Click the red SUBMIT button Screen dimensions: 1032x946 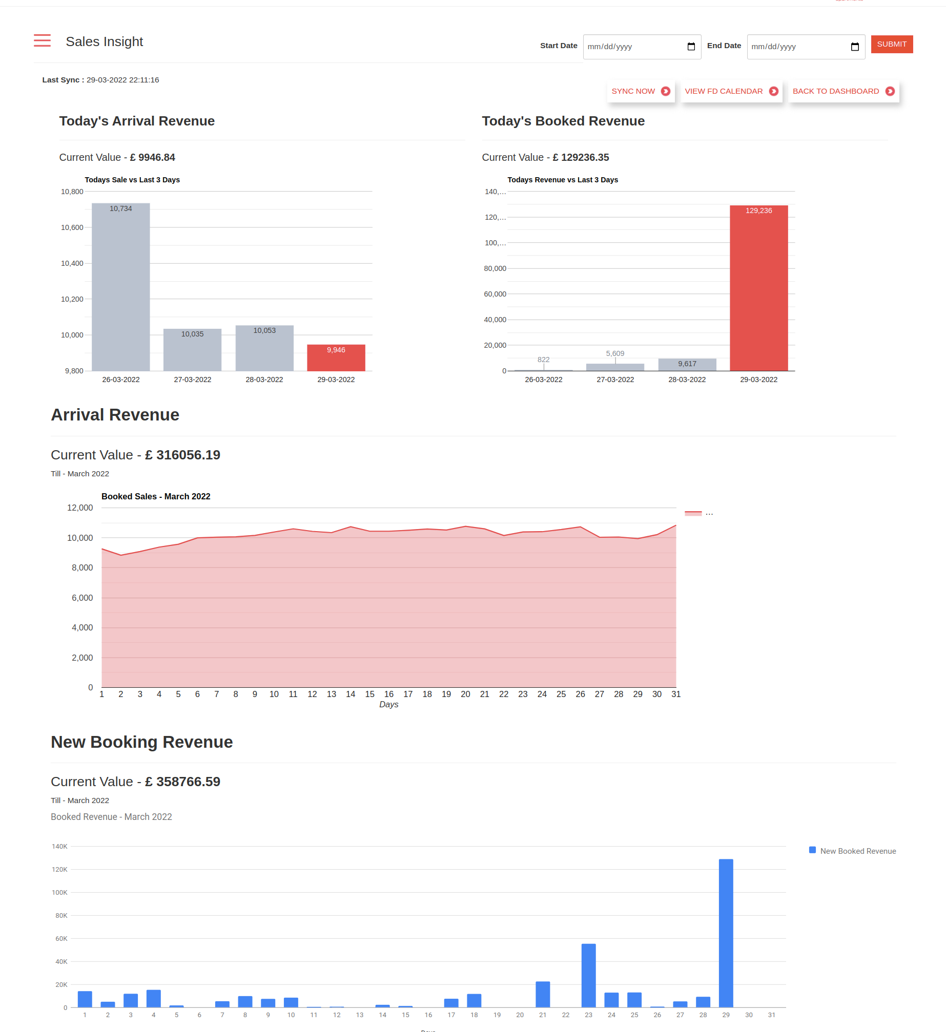891,45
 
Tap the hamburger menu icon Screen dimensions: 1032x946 42,40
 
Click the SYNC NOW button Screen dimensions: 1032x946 640,91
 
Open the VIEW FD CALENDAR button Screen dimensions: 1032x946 731,91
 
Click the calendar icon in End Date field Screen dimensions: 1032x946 854,47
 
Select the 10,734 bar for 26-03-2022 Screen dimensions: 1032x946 121,287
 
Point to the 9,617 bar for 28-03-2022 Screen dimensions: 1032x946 687,365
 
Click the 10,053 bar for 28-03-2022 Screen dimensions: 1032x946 264,348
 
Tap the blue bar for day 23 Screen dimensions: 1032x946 588,975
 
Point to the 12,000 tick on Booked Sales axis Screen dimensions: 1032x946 80,508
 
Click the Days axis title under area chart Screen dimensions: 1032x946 388,705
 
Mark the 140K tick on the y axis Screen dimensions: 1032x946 59,846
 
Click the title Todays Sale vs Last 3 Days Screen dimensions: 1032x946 132,180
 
